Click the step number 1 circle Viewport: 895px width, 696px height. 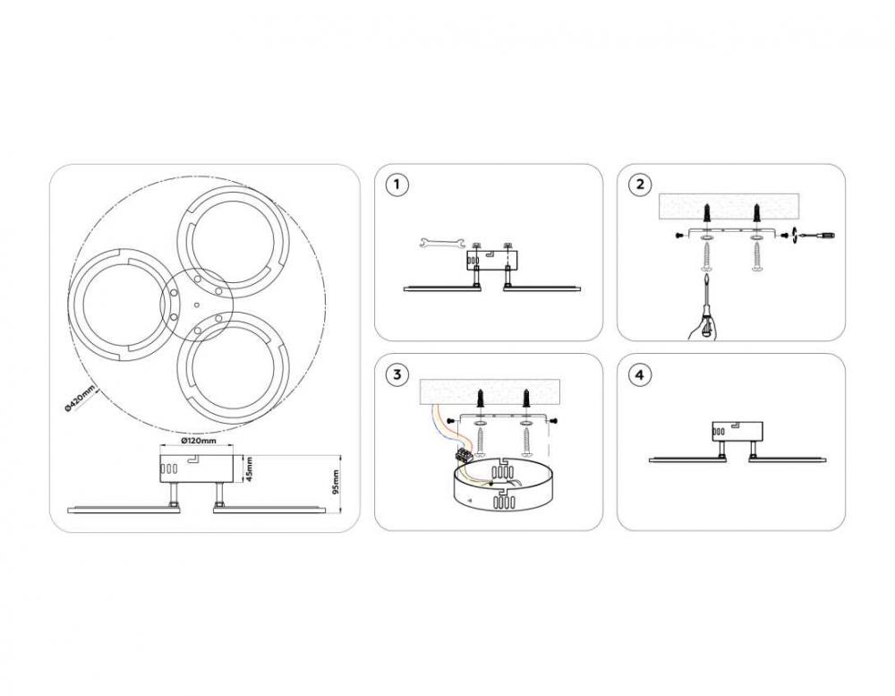pyautogui.click(x=397, y=185)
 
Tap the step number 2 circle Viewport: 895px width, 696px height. pyautogui.click(x=640, y=185)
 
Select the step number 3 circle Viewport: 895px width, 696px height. pyautogui.click(x=397, y=374)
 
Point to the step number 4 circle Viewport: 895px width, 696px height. pyautogui.click(x=640, y=374)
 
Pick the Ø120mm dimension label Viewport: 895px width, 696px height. pyautogui.click(x=198, y=441)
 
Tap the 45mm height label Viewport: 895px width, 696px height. pyautogui.click(x=250, y=468)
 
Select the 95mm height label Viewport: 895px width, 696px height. pyautogui.click(x=336, y=482)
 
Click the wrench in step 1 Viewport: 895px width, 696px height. pyautogui.click(x=438, y=243)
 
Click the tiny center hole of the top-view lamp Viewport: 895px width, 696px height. pyautogui.click(x=196, y=305)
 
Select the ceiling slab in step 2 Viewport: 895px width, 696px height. pyautogui.click(x=729, y=206)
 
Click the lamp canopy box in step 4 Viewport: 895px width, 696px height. pyautogui.click(x=737, y=432)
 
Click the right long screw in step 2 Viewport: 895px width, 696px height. pyautogui.click(x=757, y=256)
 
